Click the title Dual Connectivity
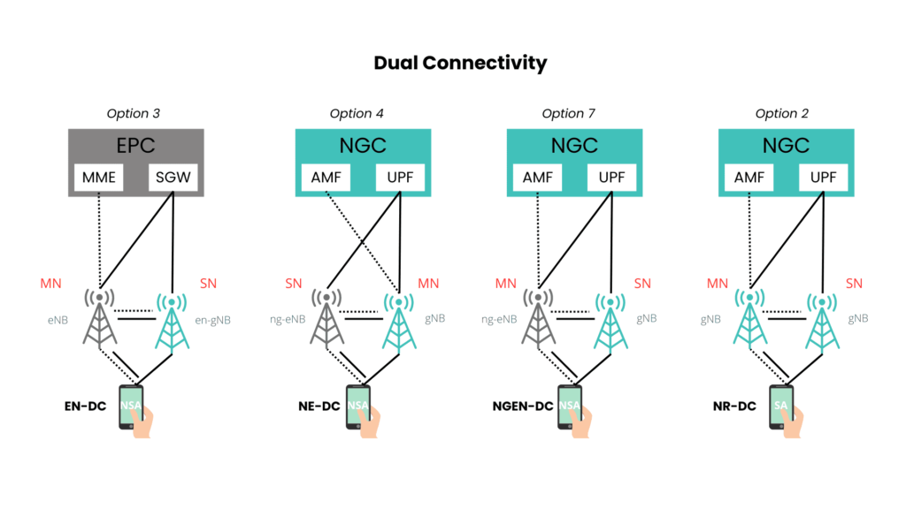coord(460,63)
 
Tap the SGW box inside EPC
coord(173,179)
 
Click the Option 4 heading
coord(357,113)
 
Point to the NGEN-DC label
coord(521,406)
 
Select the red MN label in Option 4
coord(428,284)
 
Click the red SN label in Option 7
coord(642,284)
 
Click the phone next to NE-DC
coord(357,407)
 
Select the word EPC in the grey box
coord(137,145)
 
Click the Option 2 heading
coord(782,113)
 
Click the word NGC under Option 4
coord(363,145)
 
